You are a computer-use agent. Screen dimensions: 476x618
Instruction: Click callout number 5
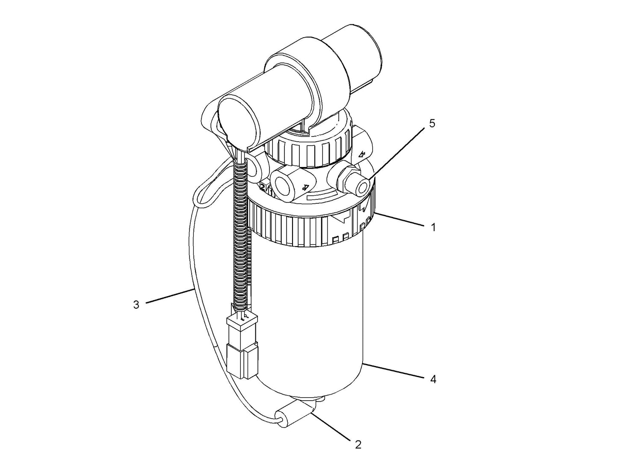click(432, 123)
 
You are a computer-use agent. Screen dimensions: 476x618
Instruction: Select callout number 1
click(433, 227)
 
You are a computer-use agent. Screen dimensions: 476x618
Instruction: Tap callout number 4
click(433, 379)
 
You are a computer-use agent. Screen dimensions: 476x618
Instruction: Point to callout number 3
click(136, 305)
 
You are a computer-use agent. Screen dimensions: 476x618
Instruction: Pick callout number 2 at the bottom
click(358, 445)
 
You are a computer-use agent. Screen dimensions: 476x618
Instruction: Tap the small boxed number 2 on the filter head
click(263, 186)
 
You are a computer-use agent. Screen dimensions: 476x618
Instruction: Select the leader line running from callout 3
click(169, 296)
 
